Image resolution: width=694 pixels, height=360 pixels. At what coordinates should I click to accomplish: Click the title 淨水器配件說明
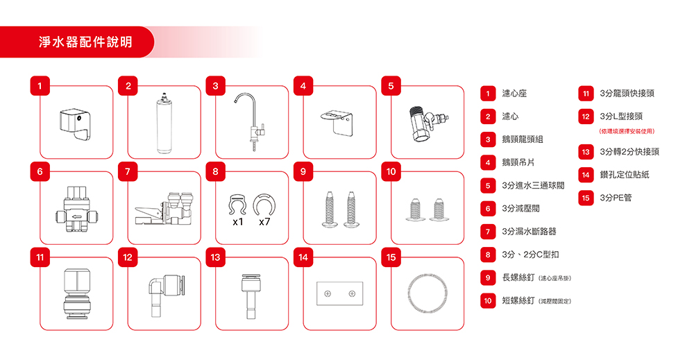coord(86,42)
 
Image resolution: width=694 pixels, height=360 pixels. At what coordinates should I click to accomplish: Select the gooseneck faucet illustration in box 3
coord(250,121)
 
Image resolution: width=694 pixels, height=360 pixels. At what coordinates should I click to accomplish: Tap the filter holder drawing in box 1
coord(75,125)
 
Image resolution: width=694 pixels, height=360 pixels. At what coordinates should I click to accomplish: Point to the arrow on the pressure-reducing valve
coord(76,216)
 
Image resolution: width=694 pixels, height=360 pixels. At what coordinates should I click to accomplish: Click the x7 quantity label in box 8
coord(264,221)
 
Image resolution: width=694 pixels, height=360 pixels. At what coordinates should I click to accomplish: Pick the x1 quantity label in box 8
coord(237,221)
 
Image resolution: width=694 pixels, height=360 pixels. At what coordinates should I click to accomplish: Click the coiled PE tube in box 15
coord(427,293)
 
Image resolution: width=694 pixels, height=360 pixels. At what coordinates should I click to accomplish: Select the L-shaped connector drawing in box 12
coord(166,295)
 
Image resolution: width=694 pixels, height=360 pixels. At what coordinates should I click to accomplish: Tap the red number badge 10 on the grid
coord(391,171)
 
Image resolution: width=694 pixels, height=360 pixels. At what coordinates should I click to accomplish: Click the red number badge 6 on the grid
coord(40,171)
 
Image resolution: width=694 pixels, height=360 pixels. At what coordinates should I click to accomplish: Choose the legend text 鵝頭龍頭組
coord(523,139)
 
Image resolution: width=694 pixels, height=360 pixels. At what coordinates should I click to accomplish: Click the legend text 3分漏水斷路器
coord(529,231)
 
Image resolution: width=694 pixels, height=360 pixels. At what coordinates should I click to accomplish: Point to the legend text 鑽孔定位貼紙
coord(625,175)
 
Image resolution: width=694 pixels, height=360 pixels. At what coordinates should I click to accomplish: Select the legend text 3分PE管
coord(616,198)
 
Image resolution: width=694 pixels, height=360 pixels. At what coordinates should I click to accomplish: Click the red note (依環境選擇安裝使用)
coord(627,131)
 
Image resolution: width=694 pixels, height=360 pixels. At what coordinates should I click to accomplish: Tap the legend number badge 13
coord(586,152)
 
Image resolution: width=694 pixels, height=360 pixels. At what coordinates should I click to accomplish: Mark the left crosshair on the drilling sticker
coord(328,293)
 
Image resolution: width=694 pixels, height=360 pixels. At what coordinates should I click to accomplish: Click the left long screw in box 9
coord(329,209)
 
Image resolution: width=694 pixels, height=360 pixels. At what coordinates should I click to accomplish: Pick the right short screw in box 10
coord(439,209)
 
